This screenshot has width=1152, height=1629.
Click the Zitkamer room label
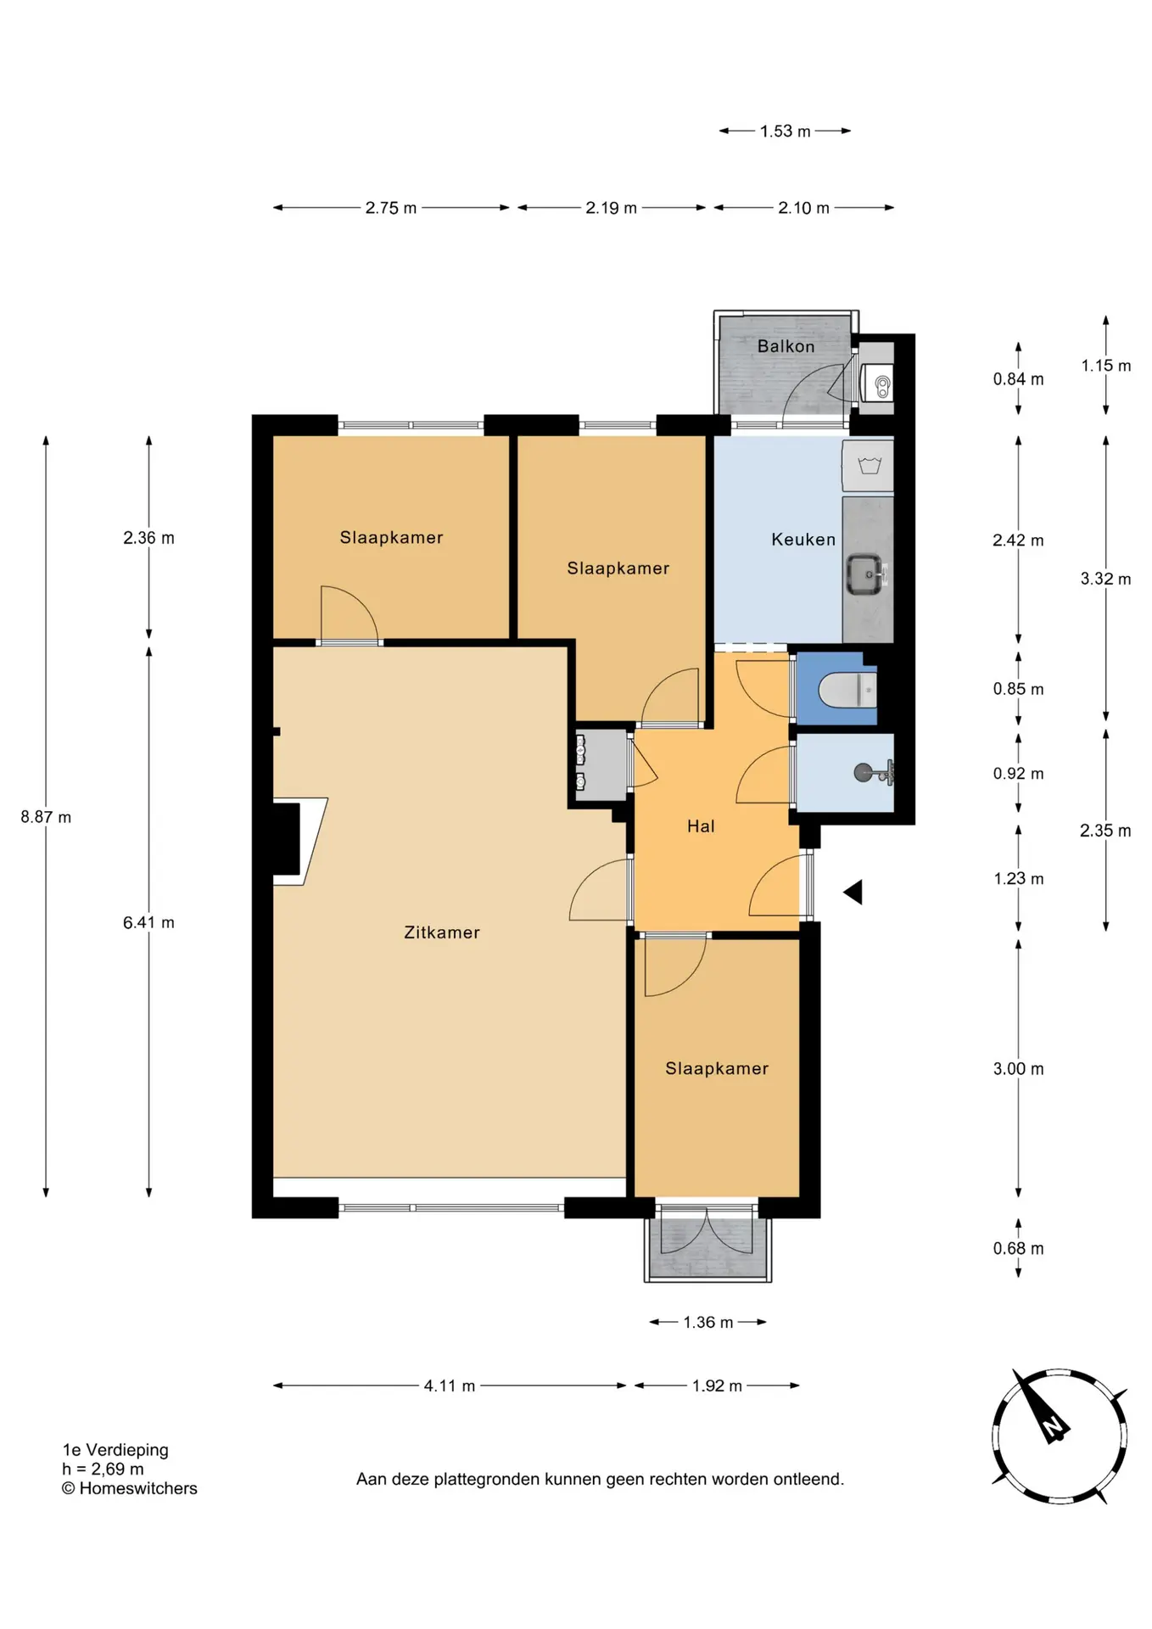click(441, 932)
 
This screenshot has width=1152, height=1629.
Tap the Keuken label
click(803, 540)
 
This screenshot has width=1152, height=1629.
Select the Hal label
click(701, 826)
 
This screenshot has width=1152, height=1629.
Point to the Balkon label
click(786, 346)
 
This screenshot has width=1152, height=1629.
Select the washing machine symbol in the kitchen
click(868, 466)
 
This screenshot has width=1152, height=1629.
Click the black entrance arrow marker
click(853, 892)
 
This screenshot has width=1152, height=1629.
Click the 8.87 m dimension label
click(46, 817)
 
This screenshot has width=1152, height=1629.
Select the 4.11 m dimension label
click(450, 1385)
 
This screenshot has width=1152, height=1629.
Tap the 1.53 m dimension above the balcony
click(786, 132)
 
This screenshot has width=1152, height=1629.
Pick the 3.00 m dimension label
click(1018, 1069)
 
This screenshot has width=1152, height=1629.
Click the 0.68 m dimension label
click(1018, 1248)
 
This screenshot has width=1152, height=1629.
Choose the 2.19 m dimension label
click(611, 208)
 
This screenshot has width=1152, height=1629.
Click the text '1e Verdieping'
click(115, 1450)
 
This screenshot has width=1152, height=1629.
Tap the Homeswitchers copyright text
click(129, 1488)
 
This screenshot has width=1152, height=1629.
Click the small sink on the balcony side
click(877, 386)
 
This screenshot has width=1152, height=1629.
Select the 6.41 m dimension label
click(148, 922)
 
